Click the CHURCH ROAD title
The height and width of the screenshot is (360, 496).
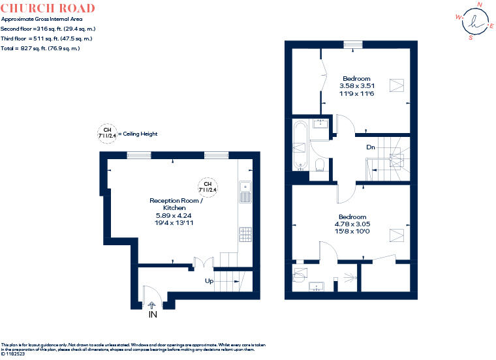coord(48,8)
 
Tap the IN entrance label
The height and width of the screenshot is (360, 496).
coord(153,314)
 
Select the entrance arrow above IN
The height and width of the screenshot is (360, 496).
coord(152,305)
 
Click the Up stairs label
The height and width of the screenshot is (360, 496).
coord(209,280)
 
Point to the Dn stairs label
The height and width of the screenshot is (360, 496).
coord(371,147)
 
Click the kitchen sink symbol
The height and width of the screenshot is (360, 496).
coord(245,192)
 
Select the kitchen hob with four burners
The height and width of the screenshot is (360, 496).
coord(245,235)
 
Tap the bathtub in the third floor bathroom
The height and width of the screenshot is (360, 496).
coord(300,145)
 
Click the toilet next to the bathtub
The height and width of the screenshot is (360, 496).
coord(320,164)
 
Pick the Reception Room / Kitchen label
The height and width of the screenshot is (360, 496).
coord(176,204)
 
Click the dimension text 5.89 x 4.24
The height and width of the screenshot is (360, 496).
coord(174,216)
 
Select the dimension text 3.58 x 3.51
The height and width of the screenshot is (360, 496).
coord(357,85)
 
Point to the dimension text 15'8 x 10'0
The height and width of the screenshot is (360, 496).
coord(352,231)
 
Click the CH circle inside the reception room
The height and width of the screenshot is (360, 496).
coord(208,187)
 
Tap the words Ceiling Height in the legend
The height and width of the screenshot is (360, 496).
coord(140,134)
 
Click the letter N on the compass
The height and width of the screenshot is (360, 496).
coord(480,5)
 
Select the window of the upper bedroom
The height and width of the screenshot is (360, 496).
coord(353,44)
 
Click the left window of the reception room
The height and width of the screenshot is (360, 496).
coord(139,155)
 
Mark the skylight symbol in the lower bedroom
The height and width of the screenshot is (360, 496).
coord(396,235)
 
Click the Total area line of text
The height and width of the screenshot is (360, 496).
coord(40,48)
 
